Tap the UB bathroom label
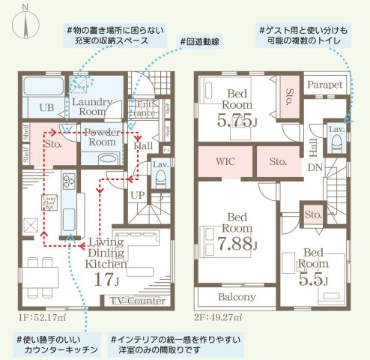click(44, 106)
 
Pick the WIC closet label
click(225, 160)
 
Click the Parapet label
click(324, 85)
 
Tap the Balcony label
click(237, 296)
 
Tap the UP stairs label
click(139, 194)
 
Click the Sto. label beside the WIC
click(279, 160)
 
